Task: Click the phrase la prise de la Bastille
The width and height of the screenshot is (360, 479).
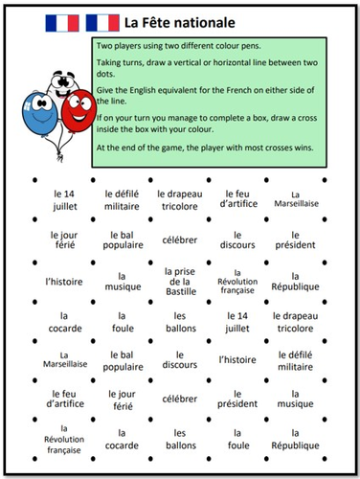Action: [179, 280]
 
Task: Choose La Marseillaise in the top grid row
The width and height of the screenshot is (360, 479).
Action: [295, 198]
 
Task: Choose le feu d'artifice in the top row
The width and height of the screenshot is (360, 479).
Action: [238, 198]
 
